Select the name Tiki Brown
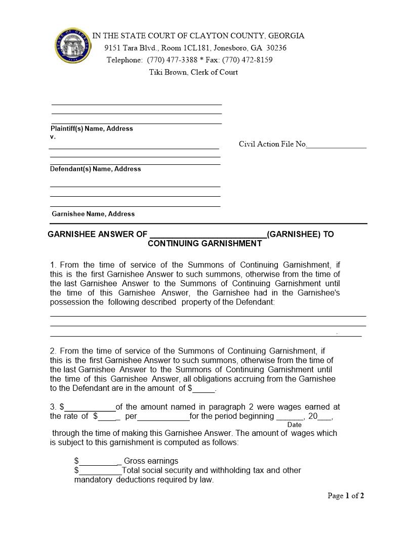[x=168, y=72]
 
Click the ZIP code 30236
[x=276, y=48]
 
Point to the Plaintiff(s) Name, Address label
[x=92, y=128]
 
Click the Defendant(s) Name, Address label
[x=95, y=169]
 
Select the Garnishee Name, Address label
[x=93, y=214]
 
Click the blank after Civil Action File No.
[x=337, y=145]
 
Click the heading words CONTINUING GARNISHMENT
[x=205, y=243]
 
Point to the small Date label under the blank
[x=294, y=425]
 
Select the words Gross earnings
[x=151, y=461]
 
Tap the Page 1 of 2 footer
[x=346, y=496]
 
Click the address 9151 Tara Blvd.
[x=132, y=48]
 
